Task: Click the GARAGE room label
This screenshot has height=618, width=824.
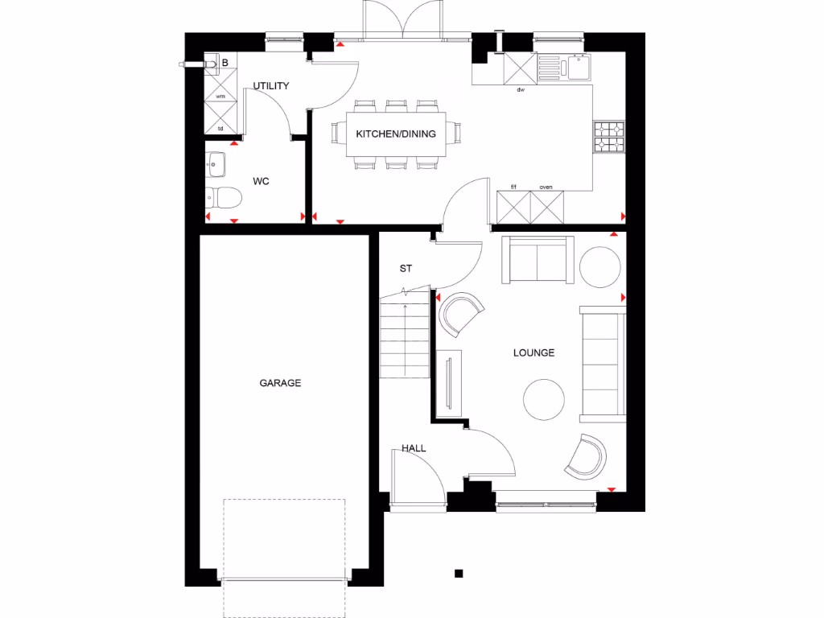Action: (280, 383)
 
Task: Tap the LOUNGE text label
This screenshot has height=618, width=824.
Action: (535, 352)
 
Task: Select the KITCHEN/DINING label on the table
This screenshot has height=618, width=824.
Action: (396, 134)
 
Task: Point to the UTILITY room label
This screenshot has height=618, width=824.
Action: (271, 85)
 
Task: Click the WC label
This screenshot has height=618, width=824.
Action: (261, 182)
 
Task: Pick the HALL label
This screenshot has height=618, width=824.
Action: (414, 448)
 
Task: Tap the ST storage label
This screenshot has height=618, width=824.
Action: (406, 269)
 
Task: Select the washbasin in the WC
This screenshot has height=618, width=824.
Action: (215, 164)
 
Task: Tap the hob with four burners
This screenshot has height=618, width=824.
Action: (608, 137)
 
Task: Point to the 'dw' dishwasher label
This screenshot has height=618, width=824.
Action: (521, 89)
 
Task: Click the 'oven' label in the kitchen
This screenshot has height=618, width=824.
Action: (546, 187)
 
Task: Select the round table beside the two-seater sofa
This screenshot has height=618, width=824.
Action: (600, 266)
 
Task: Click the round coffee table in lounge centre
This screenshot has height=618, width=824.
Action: (545, 399)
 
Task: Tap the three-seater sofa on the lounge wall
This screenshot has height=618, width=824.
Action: (602, 363)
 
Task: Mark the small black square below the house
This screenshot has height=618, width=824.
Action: (459, 573)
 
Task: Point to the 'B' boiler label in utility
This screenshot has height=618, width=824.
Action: (225, 62)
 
